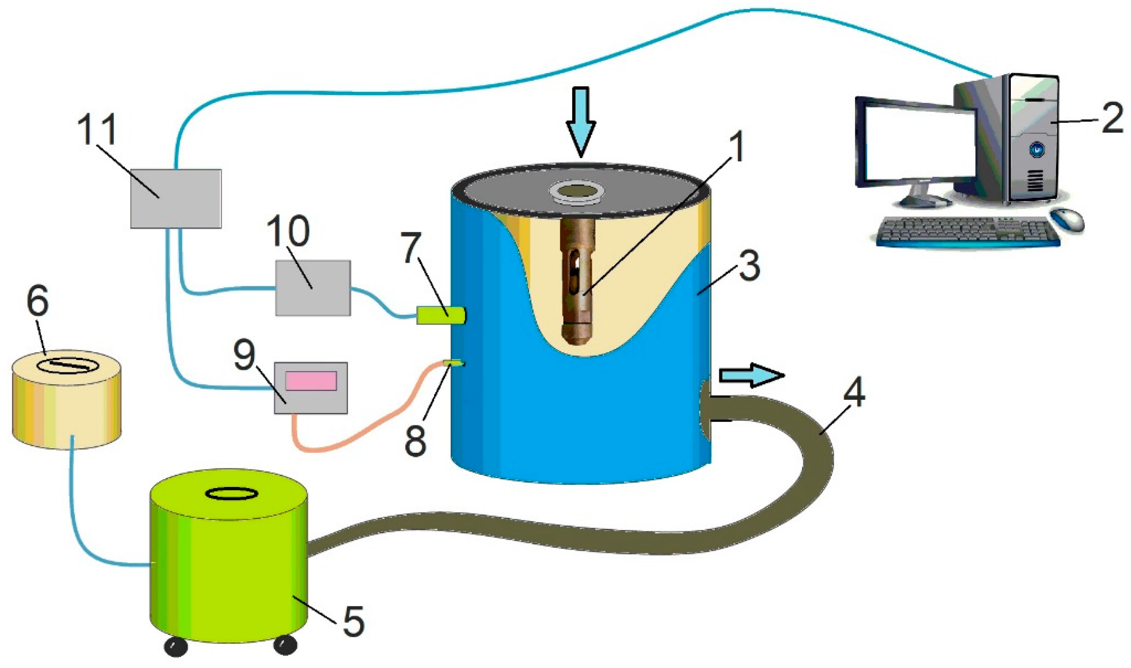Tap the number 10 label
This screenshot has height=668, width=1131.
click(288, 231)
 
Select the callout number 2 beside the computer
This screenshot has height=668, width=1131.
click(1111, 118)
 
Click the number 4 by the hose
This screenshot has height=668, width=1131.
click(854, 392)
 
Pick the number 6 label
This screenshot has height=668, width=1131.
click(37, 301)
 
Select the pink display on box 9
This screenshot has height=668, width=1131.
click(311, 381)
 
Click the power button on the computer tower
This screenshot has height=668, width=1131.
click(1037, 148)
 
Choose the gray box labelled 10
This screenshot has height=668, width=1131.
click(313, 287)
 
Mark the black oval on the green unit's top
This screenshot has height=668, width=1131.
click(230, 494)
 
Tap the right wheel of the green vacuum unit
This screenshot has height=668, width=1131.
click(285, 645)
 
